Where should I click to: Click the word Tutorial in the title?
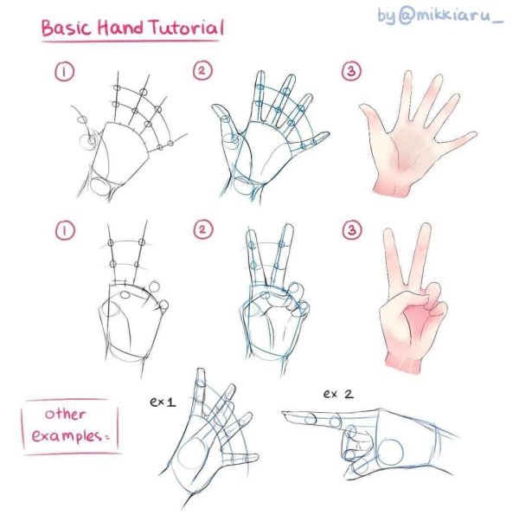click(x=186, y=28)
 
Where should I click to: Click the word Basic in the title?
click(x=66, y=29)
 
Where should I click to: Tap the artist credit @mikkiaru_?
click(x=451, y=16)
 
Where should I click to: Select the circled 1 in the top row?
click(x=65, y=72)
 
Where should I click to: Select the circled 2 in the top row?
click(x=202, y=71)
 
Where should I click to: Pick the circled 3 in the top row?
click(x=351, y=71)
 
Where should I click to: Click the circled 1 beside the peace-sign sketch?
click(x=65, y=230)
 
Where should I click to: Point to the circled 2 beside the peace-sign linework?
click(x=202, y=229)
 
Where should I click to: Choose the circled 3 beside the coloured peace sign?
click(x=351, y=229)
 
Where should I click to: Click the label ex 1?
click(x=163, y=402)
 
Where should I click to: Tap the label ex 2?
click(x=338, y=394)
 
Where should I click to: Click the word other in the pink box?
click(x=65, y=414)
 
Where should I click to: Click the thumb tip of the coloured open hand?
click(x=363, y=107)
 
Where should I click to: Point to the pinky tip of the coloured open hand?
click(x=473, y=134)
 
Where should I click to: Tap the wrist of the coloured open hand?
click(x=393, y=190)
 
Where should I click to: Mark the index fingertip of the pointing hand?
click(x=284, y=414)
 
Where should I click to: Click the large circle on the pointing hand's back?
click(x=390, y=453)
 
